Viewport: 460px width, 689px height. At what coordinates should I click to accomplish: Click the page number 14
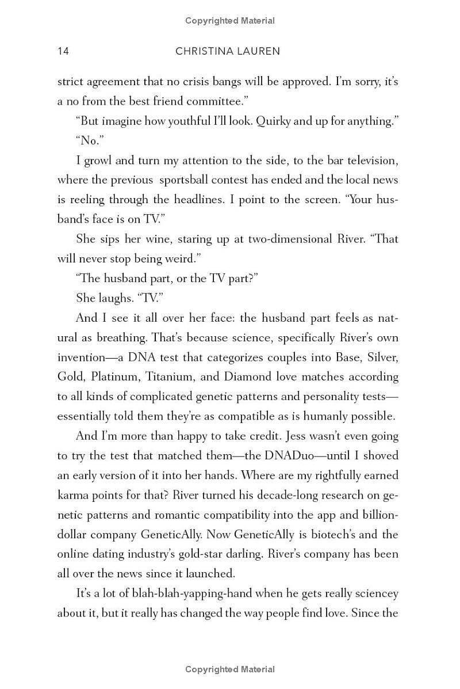(x=63, y=51)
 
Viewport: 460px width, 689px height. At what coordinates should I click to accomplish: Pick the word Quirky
(x=276, y=121)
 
